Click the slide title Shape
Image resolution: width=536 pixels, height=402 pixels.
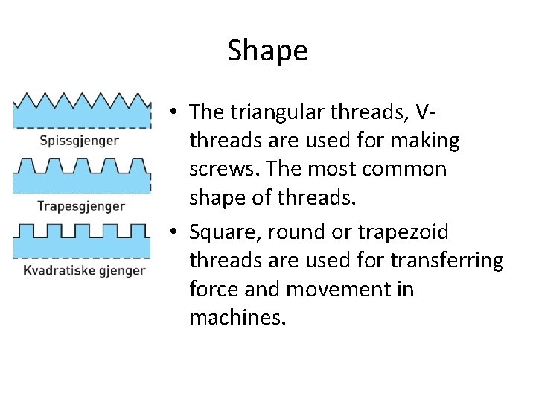point(267,51)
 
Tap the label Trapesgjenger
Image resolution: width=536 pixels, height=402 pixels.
point(82,205)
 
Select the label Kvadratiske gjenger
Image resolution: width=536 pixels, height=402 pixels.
point(82,269)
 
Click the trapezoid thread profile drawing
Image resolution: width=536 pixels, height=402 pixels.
point(82,176)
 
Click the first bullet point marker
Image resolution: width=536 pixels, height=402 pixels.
point(172,112)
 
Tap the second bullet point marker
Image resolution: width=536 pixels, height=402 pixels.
point(172,233)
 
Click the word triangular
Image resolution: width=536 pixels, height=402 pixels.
point(272,112)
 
